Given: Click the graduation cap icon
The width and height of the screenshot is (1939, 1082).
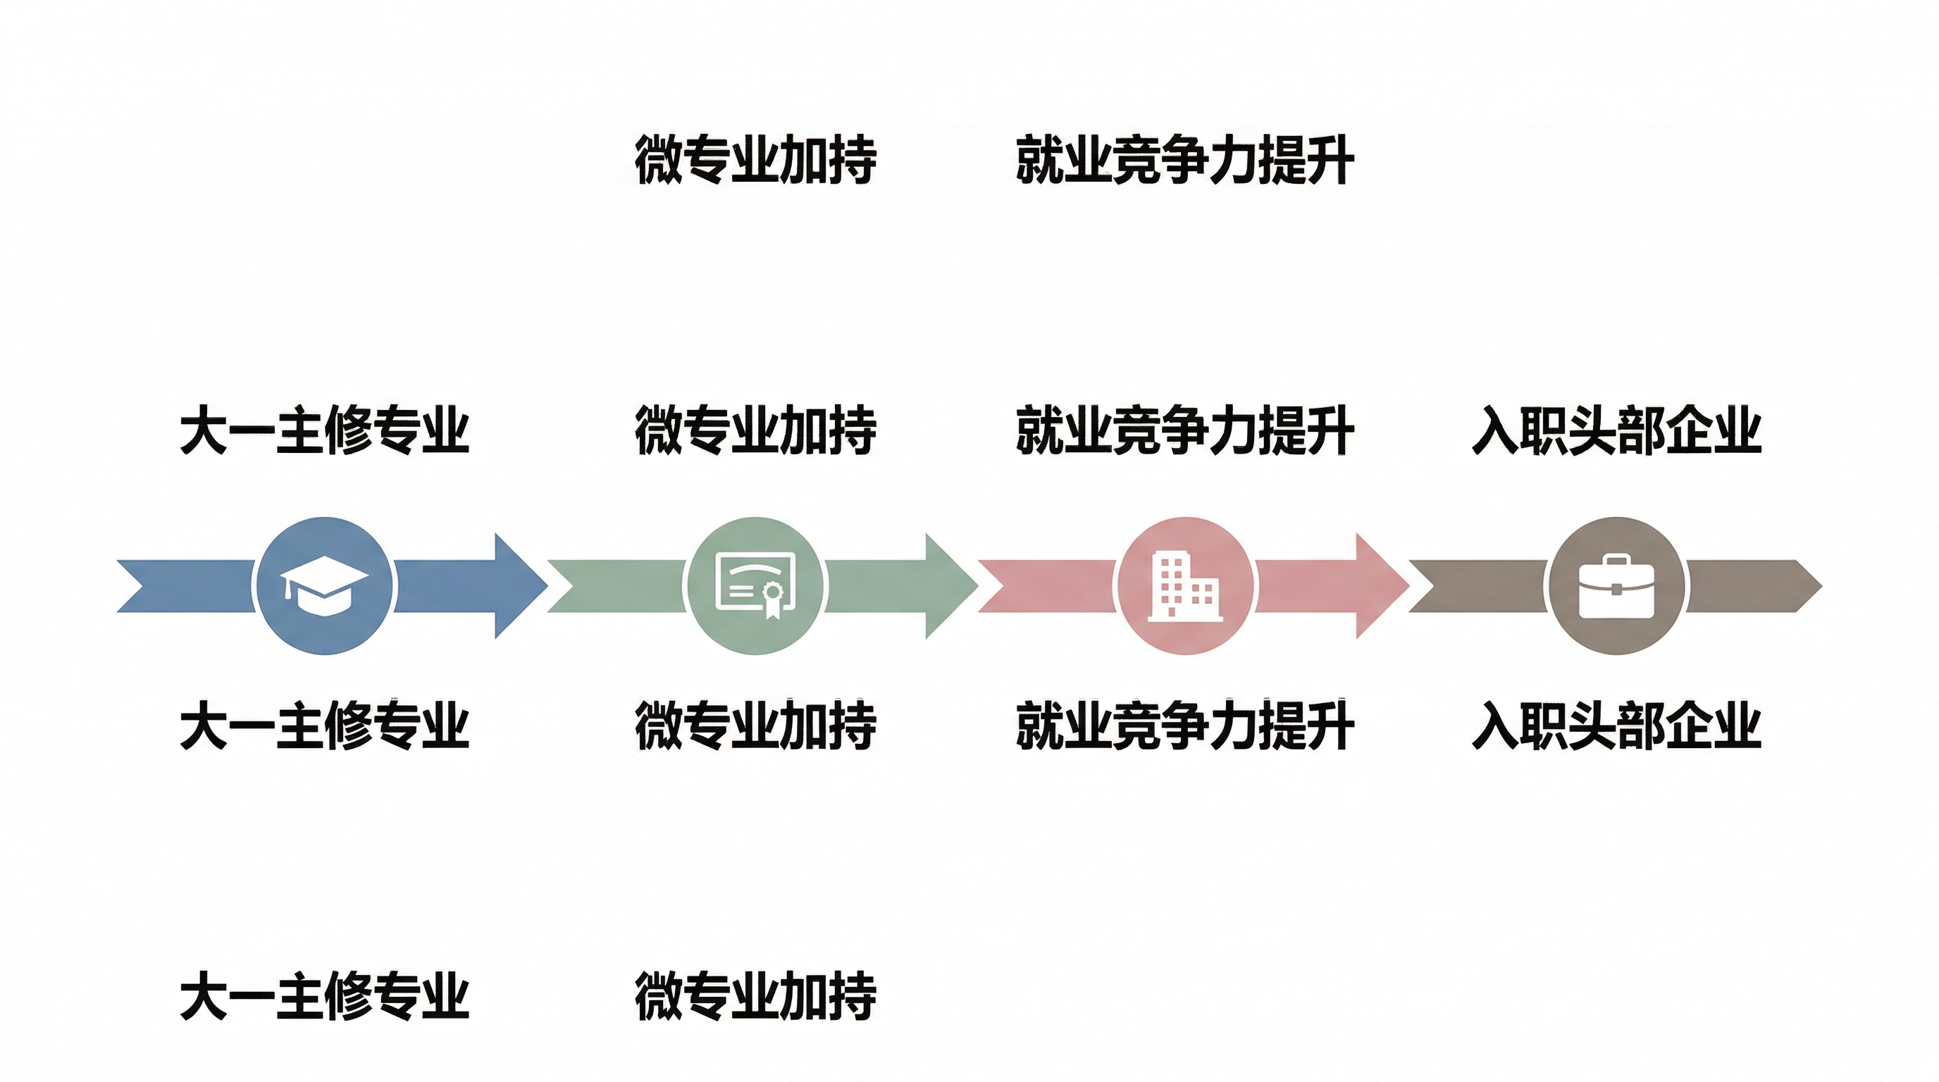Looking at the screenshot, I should click(x=323, y=585).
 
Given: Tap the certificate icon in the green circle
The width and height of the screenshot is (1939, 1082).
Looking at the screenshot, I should click(x=755, y=585).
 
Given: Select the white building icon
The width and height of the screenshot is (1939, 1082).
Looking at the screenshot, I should click(x=1185, y=585).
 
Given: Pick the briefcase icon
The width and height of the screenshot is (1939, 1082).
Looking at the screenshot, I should click(x=1616, y=585).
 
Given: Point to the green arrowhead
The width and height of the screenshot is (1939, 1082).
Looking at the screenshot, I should click(x=956, y=585).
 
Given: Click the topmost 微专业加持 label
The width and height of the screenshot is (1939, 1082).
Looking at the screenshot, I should click(x=755, y=159).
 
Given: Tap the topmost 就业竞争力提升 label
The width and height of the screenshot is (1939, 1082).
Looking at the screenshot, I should click(x=1185, y=159).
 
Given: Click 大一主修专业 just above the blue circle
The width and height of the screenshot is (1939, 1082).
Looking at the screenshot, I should click(x=323, y=430).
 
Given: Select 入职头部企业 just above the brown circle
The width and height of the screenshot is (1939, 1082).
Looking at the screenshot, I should click(x=1616, y=430).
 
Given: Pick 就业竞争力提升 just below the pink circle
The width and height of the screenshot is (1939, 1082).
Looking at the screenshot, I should click(x=1185, y=725).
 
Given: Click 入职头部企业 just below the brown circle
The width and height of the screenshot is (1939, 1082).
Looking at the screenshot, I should click(x=1616, y=725).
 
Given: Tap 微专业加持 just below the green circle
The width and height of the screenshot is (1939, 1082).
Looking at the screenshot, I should click(x=755, y=725).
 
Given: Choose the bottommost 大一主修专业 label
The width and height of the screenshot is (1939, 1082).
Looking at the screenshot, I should click(x=323, y=995).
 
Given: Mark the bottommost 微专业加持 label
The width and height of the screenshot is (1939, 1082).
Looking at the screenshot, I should click(x=755, y=995).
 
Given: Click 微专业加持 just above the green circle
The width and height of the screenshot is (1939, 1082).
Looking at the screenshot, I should click(x=755, y=430).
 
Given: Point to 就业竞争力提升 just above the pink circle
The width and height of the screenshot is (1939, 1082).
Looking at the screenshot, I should click(x=1185, y=430).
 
